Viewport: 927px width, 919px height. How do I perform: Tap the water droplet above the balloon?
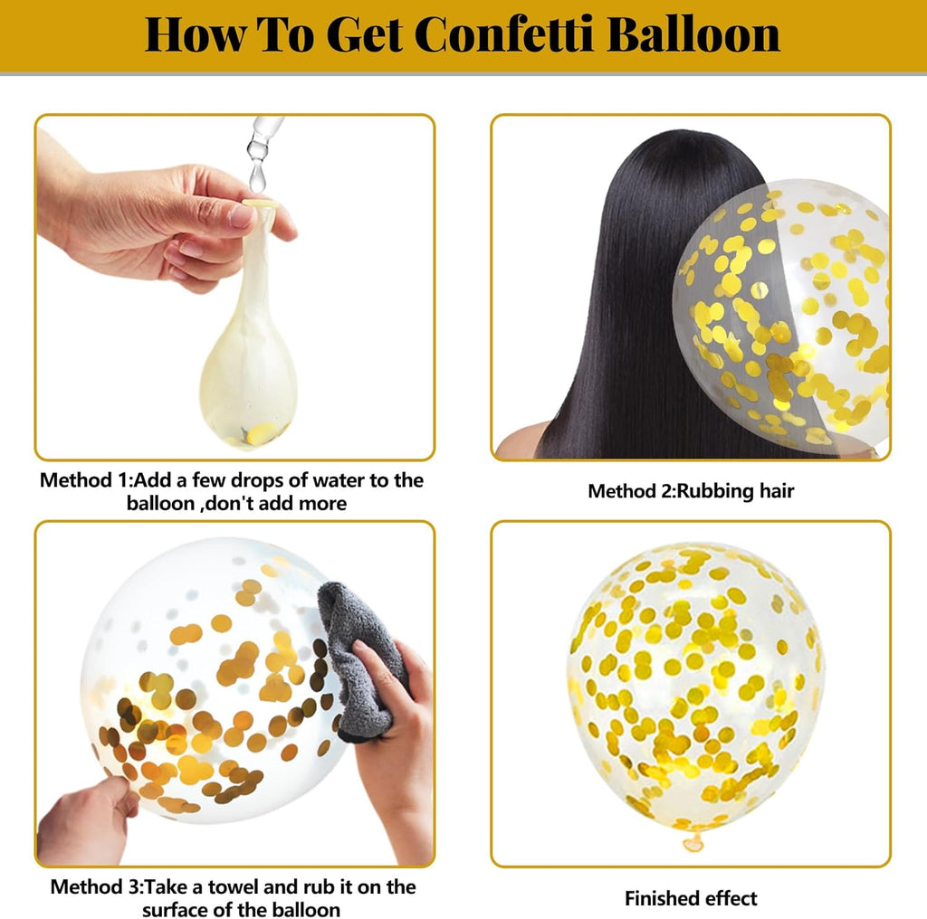coord(257,170)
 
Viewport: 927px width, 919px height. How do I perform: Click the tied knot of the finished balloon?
coord(693,843)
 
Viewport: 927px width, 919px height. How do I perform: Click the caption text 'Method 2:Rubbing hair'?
coord(690,491)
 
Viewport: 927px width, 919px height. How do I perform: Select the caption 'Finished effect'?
coord(690,898)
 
